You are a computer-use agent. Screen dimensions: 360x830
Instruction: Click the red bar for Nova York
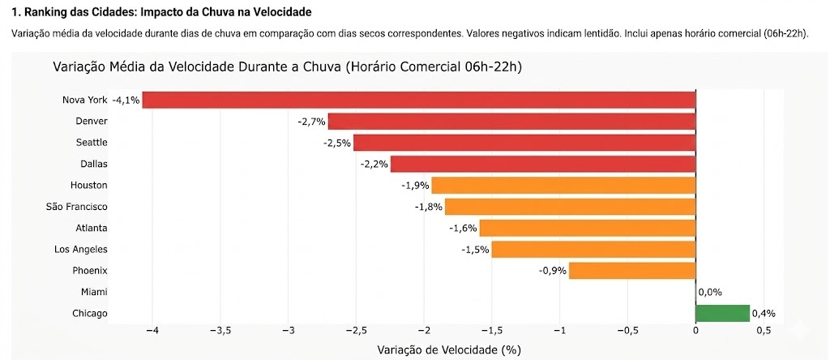tap(419, 100)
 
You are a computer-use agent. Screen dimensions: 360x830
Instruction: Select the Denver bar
tap(511, 121)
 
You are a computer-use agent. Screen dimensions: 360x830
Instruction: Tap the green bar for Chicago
tap(722, 313)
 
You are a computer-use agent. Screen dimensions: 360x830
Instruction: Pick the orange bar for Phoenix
tap(632, 270)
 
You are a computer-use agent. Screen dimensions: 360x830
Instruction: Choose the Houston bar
tap(563, 185)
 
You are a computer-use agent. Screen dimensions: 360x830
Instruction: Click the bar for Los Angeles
tap(593, 249)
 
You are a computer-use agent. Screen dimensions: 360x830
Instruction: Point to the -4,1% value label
tap(126, 101)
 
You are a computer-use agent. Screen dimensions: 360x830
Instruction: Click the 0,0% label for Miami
tap(709, 292)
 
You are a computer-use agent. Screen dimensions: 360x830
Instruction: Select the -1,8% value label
tap(428, 207)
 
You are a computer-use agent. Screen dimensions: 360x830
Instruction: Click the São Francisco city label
tap(77, 207)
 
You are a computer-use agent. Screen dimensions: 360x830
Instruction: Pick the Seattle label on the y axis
tap(91, 143)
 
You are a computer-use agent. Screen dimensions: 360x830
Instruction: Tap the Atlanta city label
tap(92, 228)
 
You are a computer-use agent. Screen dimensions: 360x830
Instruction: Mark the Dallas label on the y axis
tap(94, 164)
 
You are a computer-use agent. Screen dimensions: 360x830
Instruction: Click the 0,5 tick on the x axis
tap(764, 331)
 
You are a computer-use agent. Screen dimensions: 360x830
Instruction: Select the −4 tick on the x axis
tap(152, 331)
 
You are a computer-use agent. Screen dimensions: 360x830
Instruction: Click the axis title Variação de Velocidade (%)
tap(448, 349)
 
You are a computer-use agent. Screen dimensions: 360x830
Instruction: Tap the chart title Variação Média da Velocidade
tap(287, 66)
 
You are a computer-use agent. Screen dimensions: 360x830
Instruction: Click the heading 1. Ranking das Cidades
tap(160, 14)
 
